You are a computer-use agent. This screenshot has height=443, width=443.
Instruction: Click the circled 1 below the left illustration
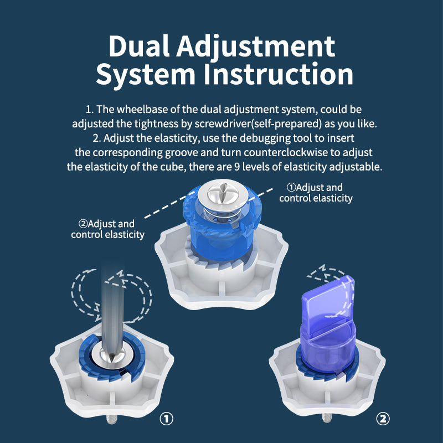tap(166, 418)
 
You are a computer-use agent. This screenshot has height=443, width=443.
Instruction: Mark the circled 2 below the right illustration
tap(382, 418)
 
